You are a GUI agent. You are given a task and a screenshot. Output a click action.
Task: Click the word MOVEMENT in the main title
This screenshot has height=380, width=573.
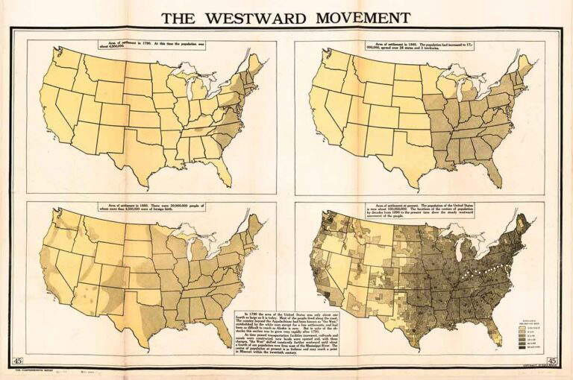[363, 18]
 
